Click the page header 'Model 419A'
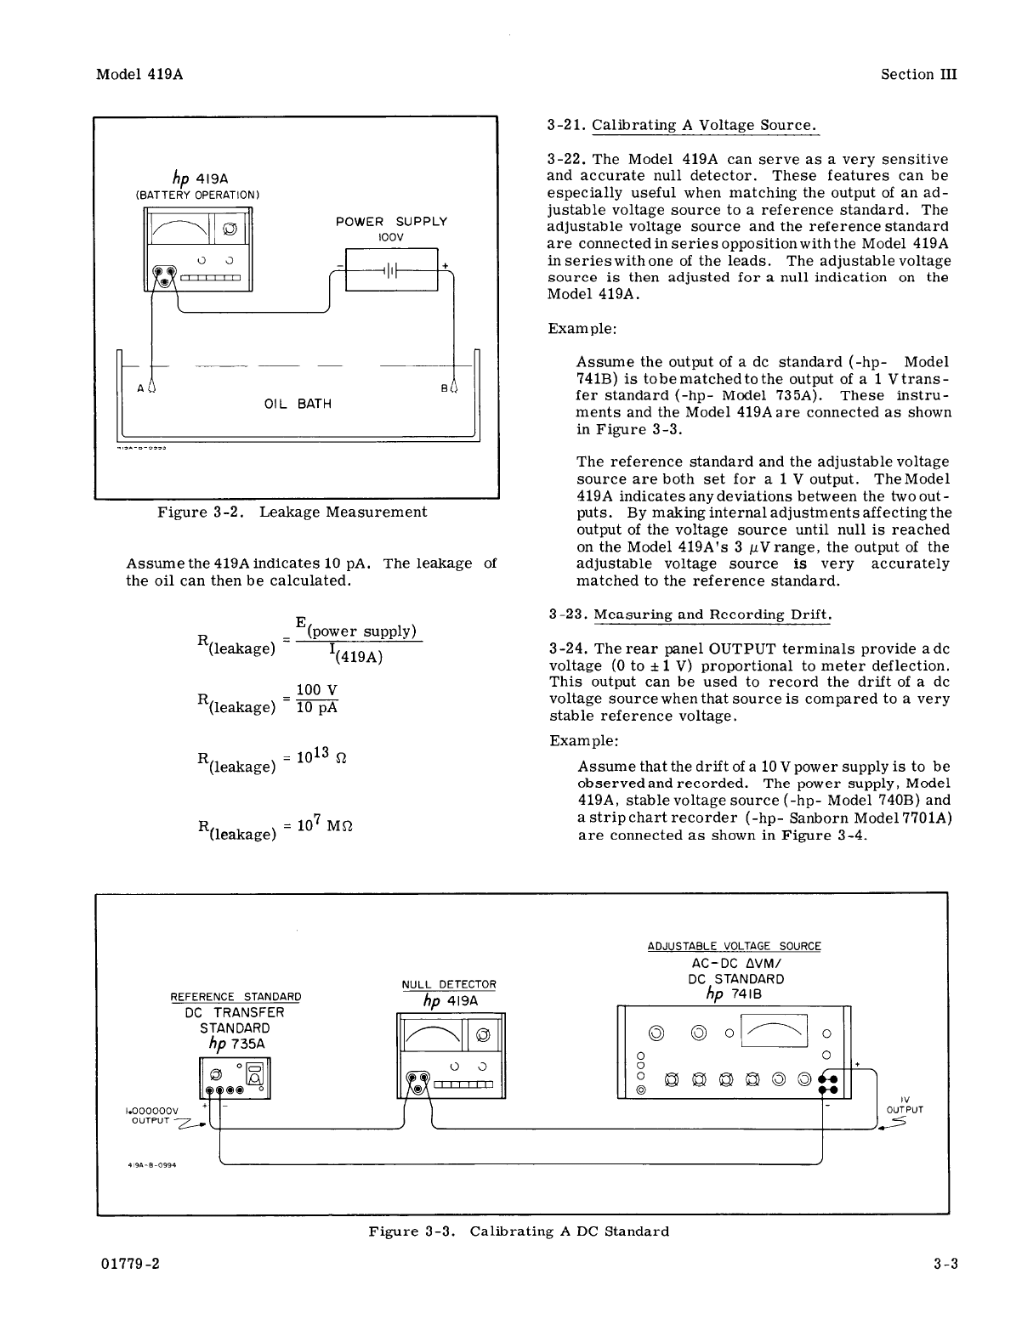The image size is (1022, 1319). (139, 74)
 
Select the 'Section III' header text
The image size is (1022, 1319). (918, 74)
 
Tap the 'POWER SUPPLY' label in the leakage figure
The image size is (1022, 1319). (391, 222)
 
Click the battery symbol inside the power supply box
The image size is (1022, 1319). (391, 270)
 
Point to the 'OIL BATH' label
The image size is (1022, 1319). (298, 405)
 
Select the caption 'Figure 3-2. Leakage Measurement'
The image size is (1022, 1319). (292, 512)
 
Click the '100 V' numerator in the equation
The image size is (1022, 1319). (316, 690)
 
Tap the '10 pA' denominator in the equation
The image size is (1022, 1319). (316, 708)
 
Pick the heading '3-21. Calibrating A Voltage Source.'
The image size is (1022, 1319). (683, 125)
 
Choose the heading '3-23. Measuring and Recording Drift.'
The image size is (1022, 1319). (690, 614)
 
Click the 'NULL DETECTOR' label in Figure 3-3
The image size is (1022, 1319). (449, 984)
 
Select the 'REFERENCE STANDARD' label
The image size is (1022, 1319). (236, 997)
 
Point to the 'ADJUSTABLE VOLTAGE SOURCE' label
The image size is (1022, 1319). (735, 946)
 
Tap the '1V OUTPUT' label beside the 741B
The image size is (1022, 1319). (904, 1106)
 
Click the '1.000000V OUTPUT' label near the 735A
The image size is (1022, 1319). (152, 1115)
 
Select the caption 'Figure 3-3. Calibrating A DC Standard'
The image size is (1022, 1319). (519, 1231)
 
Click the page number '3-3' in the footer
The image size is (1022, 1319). (945, 1264)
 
